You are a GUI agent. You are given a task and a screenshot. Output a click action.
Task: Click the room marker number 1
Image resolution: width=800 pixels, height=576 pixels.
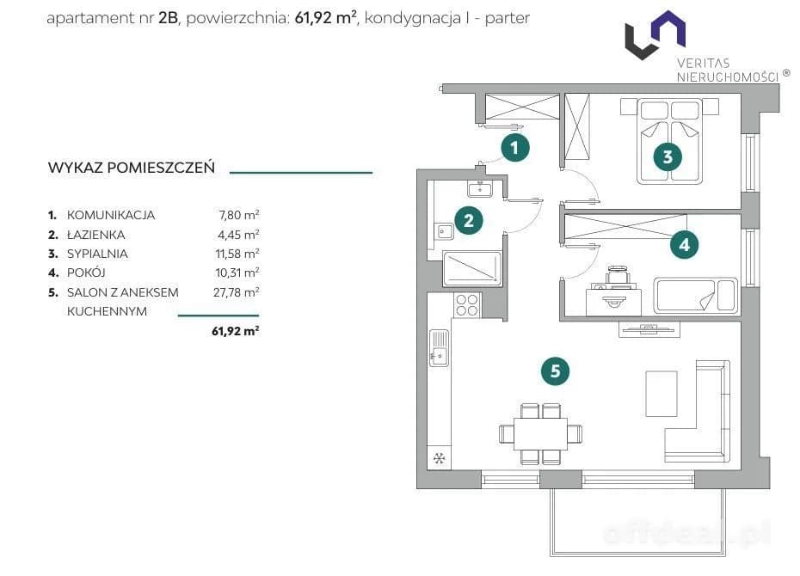point(514,148)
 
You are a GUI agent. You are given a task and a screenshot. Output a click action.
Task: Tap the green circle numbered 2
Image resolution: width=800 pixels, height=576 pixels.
point(468,221)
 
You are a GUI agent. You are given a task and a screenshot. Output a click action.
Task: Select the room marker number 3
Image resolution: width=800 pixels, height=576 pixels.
point(668,156)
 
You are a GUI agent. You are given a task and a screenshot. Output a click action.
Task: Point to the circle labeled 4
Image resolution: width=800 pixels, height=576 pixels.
point(684,245)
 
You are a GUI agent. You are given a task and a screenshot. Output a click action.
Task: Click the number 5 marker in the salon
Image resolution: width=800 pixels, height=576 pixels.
point(555,371)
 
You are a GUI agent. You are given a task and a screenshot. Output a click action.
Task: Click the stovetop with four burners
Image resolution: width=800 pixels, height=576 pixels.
point(467,305)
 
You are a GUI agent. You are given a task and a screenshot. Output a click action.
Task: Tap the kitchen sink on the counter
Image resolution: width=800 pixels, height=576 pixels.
point(440,347)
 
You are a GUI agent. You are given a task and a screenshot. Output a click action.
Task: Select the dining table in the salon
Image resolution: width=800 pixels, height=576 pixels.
point(540,434)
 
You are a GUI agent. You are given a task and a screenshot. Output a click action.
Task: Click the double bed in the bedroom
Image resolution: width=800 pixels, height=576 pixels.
point(669,142)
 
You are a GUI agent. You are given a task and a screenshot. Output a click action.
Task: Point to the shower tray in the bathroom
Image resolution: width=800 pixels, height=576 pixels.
point(472,268)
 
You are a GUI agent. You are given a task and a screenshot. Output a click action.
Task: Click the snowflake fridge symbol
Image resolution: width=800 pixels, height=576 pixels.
point(439,458)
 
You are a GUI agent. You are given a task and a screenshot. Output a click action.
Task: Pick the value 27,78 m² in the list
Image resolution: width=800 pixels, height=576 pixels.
point(237,292)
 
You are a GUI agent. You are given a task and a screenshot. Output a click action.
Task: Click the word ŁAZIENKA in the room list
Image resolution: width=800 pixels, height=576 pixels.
point(96,235)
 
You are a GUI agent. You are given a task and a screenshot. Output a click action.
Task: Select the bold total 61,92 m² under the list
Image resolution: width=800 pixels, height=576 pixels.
point(235,331)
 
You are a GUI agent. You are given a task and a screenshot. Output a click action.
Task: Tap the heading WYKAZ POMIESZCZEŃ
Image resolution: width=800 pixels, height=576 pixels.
point(131,168)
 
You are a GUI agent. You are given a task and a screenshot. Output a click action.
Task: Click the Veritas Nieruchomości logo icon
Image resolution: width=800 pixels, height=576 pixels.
point(655,34)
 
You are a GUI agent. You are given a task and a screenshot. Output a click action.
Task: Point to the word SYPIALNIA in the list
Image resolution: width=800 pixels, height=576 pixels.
point(97,254)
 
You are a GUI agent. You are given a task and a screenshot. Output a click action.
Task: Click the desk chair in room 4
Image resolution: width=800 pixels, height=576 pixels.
point(618,274)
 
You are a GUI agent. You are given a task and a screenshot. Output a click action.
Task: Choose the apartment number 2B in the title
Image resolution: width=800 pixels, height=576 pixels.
point(169,18)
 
